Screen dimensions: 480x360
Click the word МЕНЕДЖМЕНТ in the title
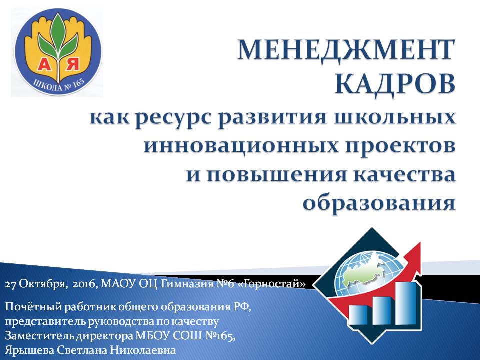point(346,50)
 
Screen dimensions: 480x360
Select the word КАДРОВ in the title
point(395,84)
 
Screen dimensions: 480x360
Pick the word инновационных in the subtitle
point(241,146)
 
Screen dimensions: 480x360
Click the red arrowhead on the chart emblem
point(413,256)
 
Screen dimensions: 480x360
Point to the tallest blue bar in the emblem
point(406,303)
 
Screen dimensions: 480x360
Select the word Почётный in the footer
point(33,307)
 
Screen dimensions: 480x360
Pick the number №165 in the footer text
point(220,336)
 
